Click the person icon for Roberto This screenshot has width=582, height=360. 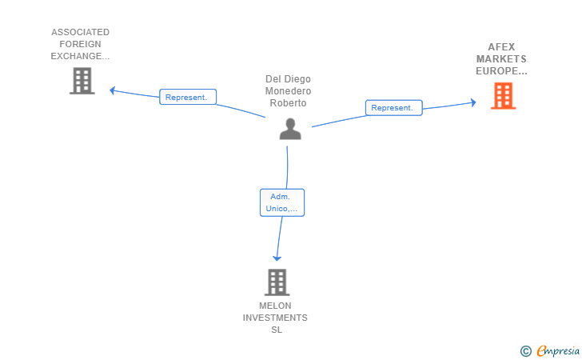tap(290, 129)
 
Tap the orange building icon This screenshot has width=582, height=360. tap(503, 96)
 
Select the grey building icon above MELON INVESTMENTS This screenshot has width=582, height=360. tap(277, 282)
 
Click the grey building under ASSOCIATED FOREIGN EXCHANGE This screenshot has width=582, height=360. tap(82, 81)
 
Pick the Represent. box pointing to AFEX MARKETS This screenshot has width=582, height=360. tap(394, 108)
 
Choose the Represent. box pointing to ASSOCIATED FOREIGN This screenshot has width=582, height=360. tap(188, 97)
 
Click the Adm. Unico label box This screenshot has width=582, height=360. tap(282, 202)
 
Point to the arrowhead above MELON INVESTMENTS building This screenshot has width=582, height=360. tap(277, 258)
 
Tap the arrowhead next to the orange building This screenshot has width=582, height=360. tap(473, 102)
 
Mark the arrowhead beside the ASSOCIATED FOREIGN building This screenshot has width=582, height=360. tap(113, 90)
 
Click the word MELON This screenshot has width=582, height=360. tap(275, 306)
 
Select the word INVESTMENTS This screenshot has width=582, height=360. tap(275, 318)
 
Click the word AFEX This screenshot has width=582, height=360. tap(501, 47)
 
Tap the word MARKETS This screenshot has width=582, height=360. tap(501, 59)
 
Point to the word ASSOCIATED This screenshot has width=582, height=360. tap(80, 32)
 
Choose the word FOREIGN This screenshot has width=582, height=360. tap(80, 44)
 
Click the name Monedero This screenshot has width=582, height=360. tap(288, 91)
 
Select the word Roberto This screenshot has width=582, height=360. tap(288, 103)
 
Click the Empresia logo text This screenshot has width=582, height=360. tap(558, 350)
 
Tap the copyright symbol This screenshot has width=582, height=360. tap(525, 351)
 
